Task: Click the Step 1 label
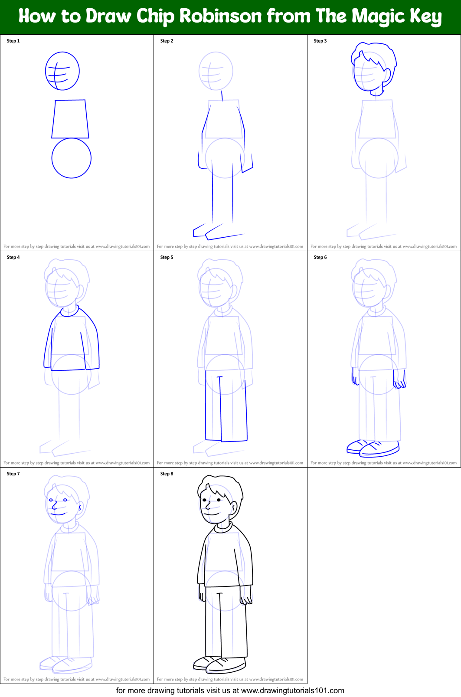[13, 41]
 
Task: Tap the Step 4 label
[13, 257]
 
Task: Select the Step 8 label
[167, 474]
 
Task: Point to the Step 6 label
[320, 257]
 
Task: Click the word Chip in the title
[156, 16]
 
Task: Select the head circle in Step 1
[62, 71]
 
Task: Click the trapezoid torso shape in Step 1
[70, 119]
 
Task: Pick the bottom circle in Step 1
[71, 158]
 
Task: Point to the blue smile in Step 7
[58, 514]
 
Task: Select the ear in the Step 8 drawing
[234, 507]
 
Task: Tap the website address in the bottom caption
[292, 690]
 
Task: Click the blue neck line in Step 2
[222, 95]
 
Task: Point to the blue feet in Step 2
[214, 232]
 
